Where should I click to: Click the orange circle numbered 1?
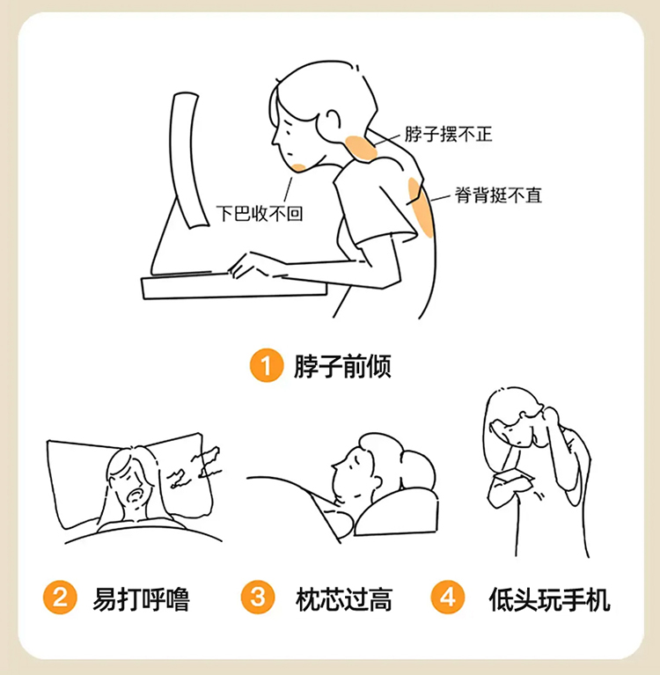[x=267, y=365]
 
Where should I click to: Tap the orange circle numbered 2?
[x=60, y=597]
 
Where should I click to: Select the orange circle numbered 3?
[x=258, y=597]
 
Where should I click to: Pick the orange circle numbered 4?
[x=448, y=597]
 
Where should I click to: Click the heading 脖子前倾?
[x=342, y=366]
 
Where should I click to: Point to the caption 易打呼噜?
[x=141, y=598]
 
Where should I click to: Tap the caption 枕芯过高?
[x=344, y=598]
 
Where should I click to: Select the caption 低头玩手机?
[x=549, y=598]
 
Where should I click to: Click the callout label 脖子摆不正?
[x=448, y=134]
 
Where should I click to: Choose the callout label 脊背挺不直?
[x=498, y=195]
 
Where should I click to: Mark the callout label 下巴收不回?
[x=260, y=213]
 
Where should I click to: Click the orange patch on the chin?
[x=299, y=167]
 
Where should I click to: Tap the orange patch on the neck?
[x=361, y=149]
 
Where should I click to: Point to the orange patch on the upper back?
[x=421, y=208]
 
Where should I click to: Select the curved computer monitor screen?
[x=188, y=159]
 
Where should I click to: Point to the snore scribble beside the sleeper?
[x=194, y=467]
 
